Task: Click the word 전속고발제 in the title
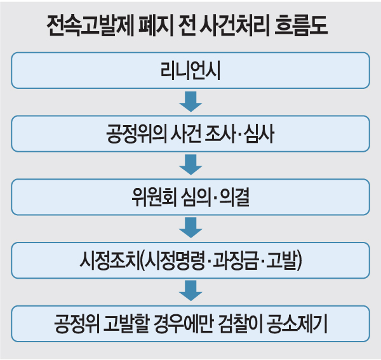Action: point(90,26)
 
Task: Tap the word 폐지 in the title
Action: point(156,26)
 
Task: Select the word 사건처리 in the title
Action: point(234,26)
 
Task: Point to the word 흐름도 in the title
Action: point(301,26)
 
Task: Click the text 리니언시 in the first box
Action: point(190,70)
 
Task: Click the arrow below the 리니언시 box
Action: point(190,102)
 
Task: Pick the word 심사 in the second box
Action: point(260,133)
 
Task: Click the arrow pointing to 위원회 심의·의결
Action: point(190,164)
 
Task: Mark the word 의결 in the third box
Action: point(234,197)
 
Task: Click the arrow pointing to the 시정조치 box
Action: point(190,227)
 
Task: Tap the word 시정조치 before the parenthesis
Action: point(110,260)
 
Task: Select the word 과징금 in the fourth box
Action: point(235,260)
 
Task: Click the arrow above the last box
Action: point(190,291)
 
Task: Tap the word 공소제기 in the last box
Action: point(297,324)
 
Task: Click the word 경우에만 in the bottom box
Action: point(184,324)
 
